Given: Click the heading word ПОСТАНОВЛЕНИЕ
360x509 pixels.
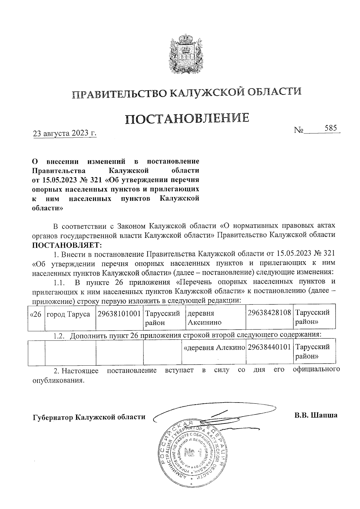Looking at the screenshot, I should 187,119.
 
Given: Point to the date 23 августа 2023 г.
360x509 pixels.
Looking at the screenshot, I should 65,133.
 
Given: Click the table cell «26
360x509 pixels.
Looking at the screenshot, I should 36,314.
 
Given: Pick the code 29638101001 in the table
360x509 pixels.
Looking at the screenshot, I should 119,314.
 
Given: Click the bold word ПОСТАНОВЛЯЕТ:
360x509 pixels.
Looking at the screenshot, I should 67,245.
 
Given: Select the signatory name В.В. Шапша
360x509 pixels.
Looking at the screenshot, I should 316,415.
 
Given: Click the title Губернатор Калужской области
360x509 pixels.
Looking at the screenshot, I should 89,417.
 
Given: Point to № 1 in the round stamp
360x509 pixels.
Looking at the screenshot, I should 192,452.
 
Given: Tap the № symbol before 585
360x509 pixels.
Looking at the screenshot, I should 299,130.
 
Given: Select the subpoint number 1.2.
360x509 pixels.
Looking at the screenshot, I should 59,336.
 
